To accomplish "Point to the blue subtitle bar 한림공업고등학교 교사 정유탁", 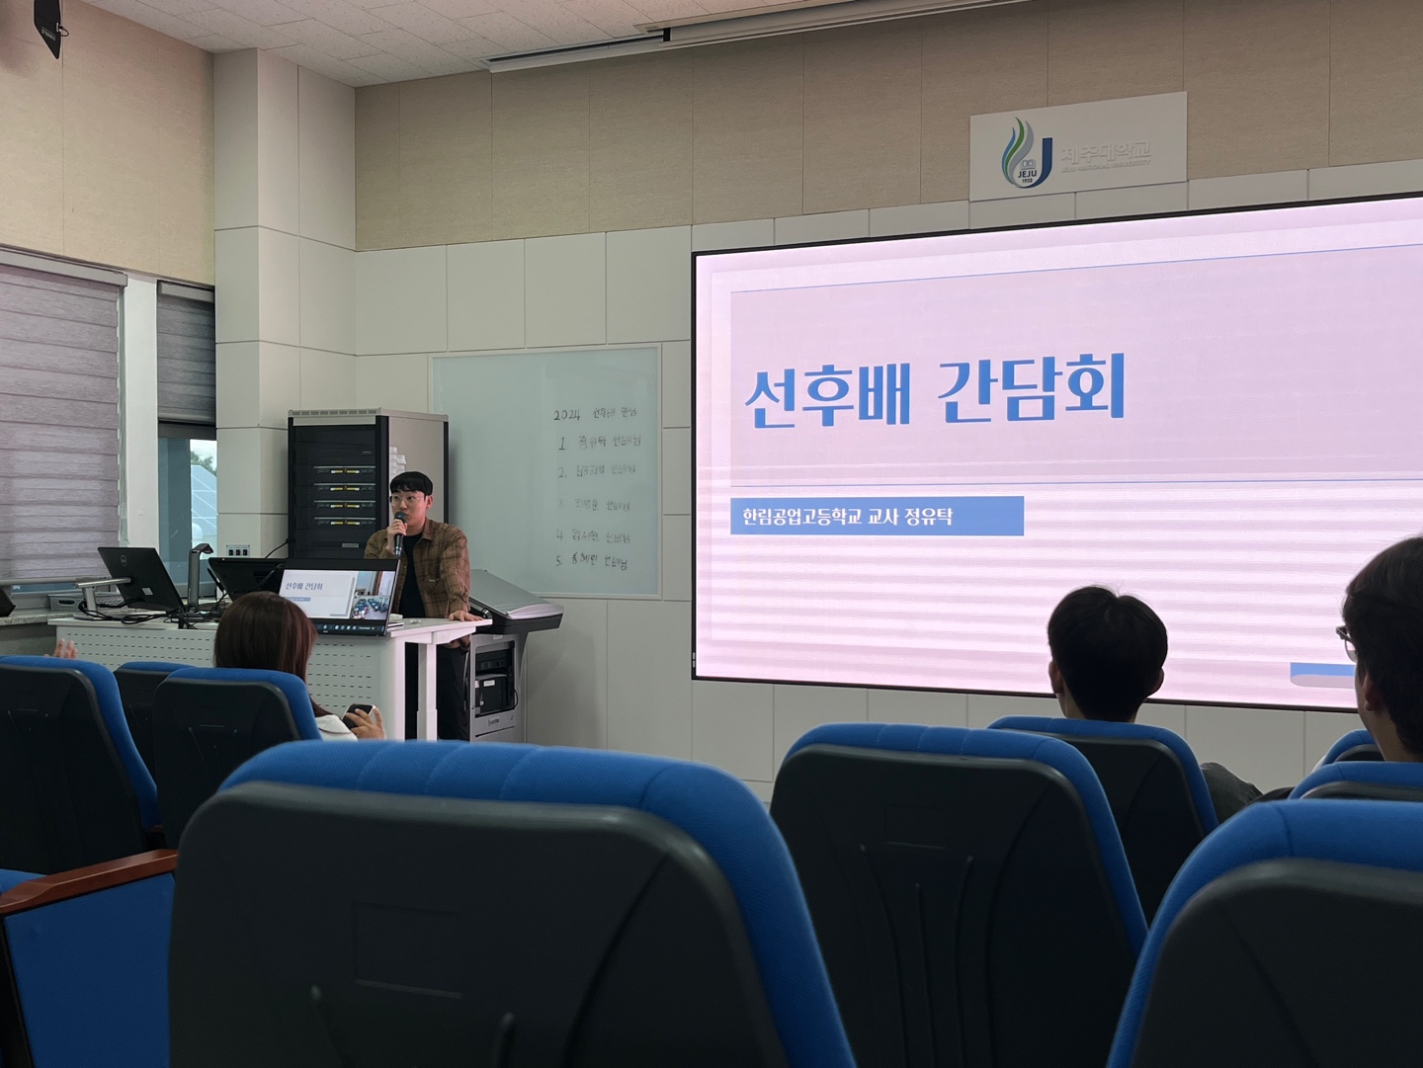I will click(876, 516).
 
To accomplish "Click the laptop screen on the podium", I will click(339, 592).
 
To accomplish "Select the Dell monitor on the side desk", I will click(139, 577).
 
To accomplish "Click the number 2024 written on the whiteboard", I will click(569, 414).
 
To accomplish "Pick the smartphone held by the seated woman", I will click(359, 710).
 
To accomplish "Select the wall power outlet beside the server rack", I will click(237, 550).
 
